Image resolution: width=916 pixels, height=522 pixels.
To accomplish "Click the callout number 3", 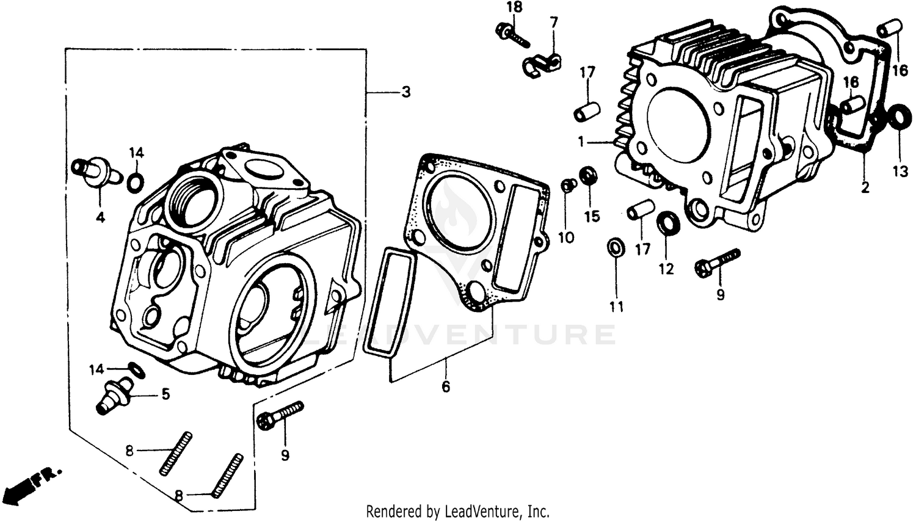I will coord(405,93).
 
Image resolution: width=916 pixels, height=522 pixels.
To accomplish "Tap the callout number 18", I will coord(514,8).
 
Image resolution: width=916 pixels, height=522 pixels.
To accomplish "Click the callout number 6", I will coord(446,386).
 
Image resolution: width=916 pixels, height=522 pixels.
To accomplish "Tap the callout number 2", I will coord(865,188).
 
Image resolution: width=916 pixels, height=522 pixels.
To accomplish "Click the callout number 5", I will coord(165,394).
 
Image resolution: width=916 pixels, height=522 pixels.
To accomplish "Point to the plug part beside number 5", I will coord(114,394).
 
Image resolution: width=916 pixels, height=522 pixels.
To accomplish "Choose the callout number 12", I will coord(666,268).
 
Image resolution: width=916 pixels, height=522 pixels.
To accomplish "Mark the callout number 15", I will coord(591,216).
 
